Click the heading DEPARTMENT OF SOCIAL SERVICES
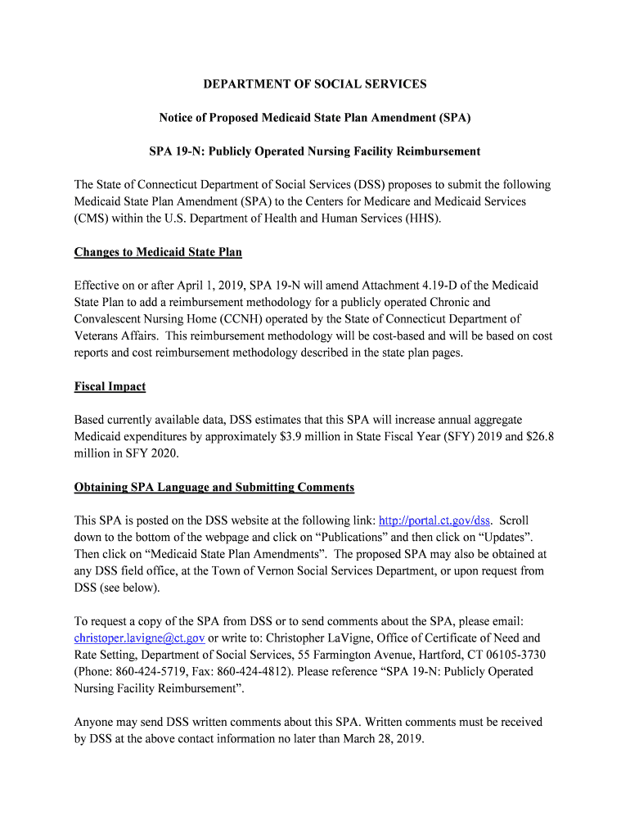[315, 84]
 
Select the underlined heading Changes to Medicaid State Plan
[158, 252]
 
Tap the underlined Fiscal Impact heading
[110, 386]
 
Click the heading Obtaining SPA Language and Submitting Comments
[214, 488]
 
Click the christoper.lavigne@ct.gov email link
[139, 638]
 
